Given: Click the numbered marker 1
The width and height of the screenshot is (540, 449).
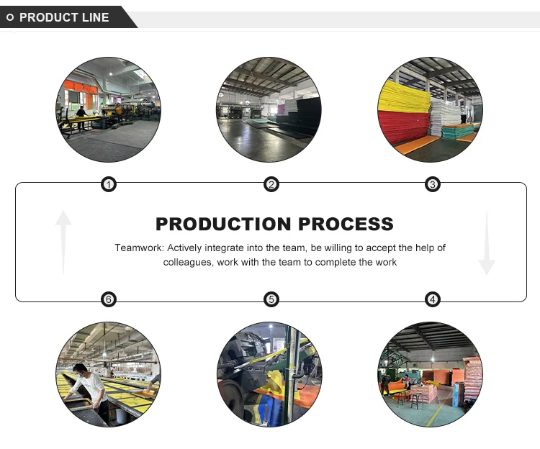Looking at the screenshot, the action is pyautogui.click(x=108, y=185).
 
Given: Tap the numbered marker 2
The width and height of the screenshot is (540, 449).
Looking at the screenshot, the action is pyautogui.click(x=271, y=185).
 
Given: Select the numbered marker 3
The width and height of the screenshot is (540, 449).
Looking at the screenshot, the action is pyautogui.click(x=433, y=185).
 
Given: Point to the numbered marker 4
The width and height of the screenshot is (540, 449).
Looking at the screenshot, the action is pyautogui.click(x=433, y=299).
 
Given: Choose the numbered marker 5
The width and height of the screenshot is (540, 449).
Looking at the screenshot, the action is pyautogui.click(x=271, y=299).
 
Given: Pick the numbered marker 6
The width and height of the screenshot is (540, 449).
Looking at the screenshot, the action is pyautogui.click(x=108, y=299).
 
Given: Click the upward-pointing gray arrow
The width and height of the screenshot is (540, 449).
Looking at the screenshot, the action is pyautogui.click(x=63, y=241).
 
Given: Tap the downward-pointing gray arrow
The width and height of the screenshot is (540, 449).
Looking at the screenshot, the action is pyautogui.click(x=487, y=243).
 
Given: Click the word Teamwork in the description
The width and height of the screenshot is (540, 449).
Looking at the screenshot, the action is pyautogui.click(x=139, y=248).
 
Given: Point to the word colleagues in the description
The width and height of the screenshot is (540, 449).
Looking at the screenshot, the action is pyautogui.click(x=186, y=262).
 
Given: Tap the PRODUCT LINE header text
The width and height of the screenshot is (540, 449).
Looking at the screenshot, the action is pyautogui.click(x=64, y=17).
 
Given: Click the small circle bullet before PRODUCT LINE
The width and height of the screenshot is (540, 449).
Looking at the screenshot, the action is pyautogui.click(x=11, y=17).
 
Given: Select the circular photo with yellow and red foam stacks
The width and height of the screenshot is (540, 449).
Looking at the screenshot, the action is pyautogui.click(x=429, y=109).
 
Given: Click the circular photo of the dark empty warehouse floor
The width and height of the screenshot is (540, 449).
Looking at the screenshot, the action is pyautogui.click(x=269, y=109).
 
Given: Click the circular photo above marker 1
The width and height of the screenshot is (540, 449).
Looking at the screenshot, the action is pyautogui.click(x=109, y=109).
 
